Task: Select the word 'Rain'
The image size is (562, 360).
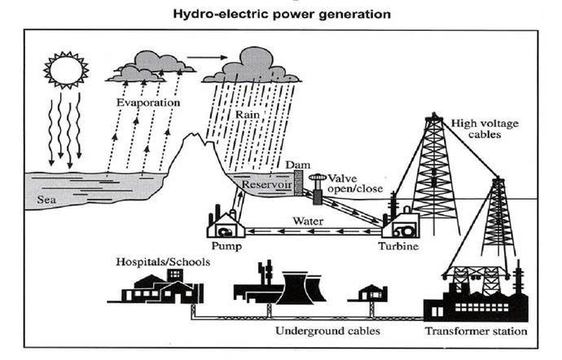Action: pos(247,115)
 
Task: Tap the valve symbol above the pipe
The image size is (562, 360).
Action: pos(316,178)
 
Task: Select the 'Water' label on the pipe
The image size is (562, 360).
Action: pos(309,221)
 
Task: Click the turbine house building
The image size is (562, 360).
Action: pos(400,220)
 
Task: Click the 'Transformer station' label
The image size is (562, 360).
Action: pos(476,331)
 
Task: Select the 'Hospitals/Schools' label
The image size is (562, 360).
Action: pos(163,262)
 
